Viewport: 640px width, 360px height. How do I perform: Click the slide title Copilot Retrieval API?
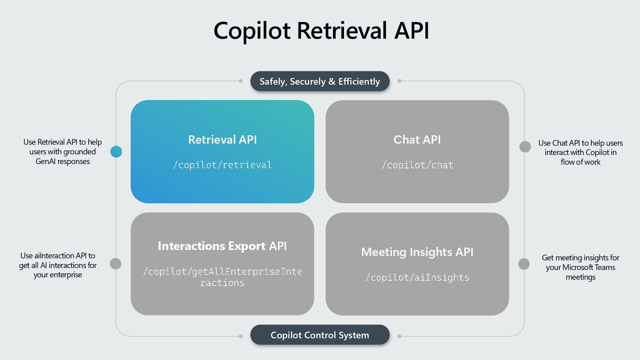pos(321,31)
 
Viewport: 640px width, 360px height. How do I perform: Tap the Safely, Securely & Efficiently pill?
pos(320,81)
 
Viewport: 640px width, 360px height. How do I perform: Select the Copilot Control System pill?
pos(320,335)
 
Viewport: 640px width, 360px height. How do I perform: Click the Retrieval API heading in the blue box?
pos(222,140)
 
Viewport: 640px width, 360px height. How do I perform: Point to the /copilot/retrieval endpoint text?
pos(222,165)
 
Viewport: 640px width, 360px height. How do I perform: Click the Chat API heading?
pos(417,140)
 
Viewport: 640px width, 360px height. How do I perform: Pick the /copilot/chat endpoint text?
pos(417,165)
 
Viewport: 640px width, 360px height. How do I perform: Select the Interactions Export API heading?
pos(222,246)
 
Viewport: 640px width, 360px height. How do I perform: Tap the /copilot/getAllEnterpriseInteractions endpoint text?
pos(222,277)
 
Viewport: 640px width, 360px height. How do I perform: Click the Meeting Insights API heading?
pos(417,252)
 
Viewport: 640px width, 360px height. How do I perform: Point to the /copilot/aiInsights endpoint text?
pos(417,277)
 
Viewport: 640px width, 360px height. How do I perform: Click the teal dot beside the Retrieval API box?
pos(116,152)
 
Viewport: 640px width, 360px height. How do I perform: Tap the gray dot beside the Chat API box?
pos(525,147)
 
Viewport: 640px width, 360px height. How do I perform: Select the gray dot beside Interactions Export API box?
pos(116,264)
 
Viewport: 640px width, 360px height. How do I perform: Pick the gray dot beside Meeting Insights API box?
pos(524,264)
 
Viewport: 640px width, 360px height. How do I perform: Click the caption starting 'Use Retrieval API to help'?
pos(63,152)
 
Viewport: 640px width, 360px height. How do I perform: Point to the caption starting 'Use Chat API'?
pos(580,152)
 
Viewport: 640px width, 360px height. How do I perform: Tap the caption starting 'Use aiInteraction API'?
pos(58,265)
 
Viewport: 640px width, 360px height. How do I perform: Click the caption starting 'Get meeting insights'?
pos(580,267)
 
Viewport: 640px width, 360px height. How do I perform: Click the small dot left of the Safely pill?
pos(241,81)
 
